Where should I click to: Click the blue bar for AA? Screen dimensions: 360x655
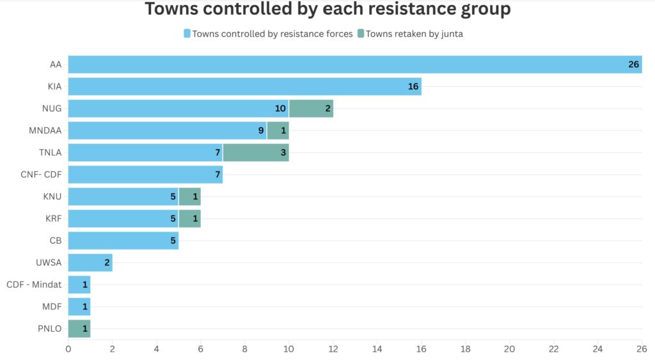(x=355, y=65)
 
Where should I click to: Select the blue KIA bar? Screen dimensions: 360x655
(x=244, y=86)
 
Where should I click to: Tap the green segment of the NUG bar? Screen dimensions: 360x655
(x=311, y=109)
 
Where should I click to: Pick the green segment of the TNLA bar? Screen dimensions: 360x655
(x=255, y=153)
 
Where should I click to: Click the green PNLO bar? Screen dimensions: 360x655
(x=79, y=329)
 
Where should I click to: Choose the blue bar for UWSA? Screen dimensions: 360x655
(x=90, y=263)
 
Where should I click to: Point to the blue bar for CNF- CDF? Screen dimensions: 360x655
(x=145, y=175)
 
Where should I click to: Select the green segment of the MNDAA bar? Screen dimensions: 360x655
(x=278, y=130)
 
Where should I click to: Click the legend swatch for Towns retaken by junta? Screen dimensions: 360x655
(x=361, y=34)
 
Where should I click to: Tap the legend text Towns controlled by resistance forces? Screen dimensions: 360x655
(x=272, y=34)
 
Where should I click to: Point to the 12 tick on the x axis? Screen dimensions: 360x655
(x=333, y=348)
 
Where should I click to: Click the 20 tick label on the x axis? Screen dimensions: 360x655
(x=509, y=348)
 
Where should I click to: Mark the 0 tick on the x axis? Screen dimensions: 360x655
(x=68, y=348)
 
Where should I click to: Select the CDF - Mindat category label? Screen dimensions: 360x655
(x=34, y=285)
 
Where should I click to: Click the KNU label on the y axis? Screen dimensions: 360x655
(x=52, y=196)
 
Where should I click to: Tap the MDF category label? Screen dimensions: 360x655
(x=52, y=307)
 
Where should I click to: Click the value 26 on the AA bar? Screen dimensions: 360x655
(x=633, y=65)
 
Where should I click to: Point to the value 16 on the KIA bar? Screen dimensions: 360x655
(x=413, y=86)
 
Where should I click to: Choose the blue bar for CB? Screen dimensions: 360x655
(x=123, y=240)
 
